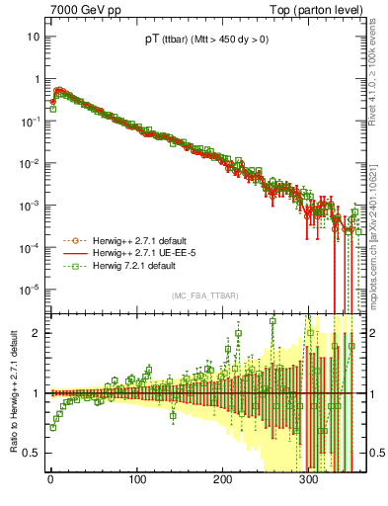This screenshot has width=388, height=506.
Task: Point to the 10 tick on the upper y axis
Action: (x=33, y=37)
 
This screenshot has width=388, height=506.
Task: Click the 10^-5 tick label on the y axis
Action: (x=30, y=290)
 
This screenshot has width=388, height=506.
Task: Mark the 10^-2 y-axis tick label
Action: (x=30, y=163)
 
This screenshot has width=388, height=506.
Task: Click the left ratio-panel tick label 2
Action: (x=36, y=332)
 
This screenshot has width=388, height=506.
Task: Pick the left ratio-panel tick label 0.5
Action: (x=32, y=453)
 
